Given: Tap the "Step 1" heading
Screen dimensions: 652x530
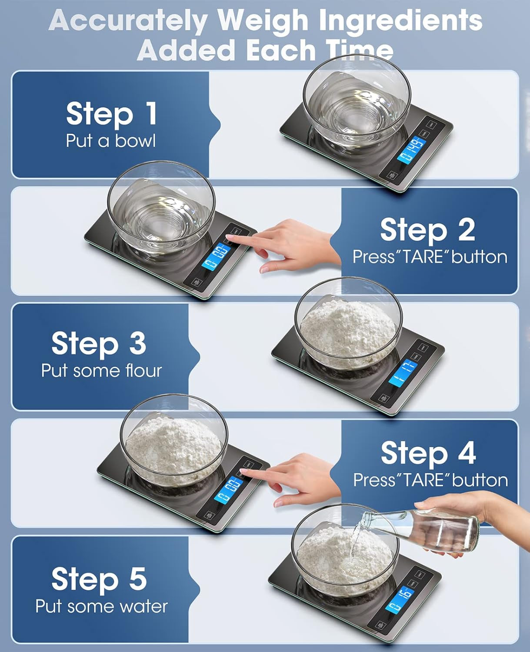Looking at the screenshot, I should (x=111, y=114).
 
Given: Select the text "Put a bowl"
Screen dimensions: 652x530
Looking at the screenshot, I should (x=111, y=141).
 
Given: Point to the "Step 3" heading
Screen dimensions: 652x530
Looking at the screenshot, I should (x=99, y=343).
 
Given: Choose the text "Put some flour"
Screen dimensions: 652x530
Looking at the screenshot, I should (x=101, y=371).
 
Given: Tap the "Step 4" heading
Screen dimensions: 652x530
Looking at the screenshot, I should (x=428, y=453).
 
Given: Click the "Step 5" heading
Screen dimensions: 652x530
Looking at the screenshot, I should (x=99, y=579).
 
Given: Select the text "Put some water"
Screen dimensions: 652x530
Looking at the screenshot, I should (x=101, y=606).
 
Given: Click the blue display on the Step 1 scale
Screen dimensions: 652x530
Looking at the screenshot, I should (x=410, y=149).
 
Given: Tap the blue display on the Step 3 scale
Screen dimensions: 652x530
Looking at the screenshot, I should (x=403, y=374).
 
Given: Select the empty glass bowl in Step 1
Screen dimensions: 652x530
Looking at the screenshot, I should (x=357, y=102).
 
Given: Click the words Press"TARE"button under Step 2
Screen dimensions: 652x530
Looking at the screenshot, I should (x=430, y=257).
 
